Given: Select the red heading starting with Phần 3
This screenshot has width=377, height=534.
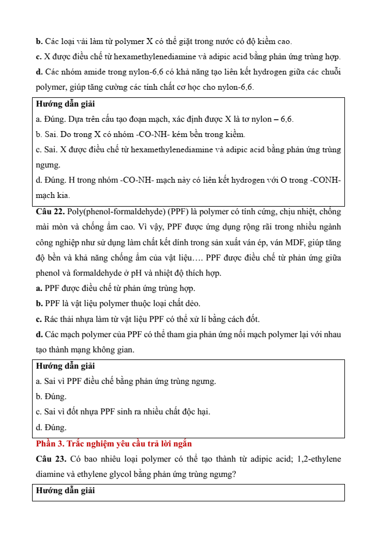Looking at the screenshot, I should (114, 444).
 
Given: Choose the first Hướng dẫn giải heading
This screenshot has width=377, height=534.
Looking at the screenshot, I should (65, 103).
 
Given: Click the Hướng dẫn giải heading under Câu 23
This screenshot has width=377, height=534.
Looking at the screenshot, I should (65, 490).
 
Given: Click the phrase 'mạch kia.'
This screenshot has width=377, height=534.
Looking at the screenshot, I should (53, 195).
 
